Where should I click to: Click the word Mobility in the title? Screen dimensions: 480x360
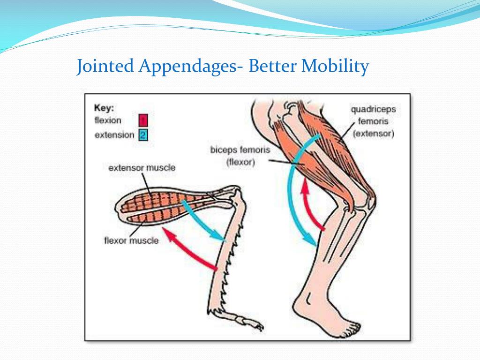click(335, 66)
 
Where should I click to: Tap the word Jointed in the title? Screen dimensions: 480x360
click(106, 66)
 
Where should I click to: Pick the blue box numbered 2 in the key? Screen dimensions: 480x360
click(143, 135)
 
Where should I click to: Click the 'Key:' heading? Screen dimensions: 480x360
click(104, 108)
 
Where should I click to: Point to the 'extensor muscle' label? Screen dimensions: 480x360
click(142, 167)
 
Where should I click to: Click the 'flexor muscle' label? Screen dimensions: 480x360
click(131, 241)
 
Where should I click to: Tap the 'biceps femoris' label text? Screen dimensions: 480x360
click(240, 150)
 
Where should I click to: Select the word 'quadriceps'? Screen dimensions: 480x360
click(373, 109)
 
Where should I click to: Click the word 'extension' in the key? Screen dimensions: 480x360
click(114, 135)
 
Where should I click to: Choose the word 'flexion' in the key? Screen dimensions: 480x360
click(108, 121)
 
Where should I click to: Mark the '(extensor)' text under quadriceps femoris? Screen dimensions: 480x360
click(373, 134)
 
